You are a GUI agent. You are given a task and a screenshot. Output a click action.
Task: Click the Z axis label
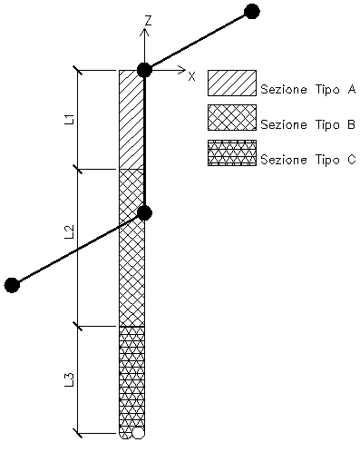click(148, 21)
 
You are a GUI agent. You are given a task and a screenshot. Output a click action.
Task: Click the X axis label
click(191, 76)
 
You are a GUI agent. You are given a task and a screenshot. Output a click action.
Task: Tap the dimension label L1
click(69, 120)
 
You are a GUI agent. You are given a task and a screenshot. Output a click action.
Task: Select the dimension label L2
click(69, 232)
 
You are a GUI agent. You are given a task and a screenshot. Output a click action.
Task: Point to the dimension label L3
click(69, 380)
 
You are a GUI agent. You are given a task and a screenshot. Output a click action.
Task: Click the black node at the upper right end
click(251, 12)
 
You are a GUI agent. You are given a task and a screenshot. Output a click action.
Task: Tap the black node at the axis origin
click(144, 70)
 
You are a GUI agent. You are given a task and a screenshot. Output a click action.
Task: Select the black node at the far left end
click(12, 285)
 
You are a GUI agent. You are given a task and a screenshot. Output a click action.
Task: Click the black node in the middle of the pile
click(144, 213)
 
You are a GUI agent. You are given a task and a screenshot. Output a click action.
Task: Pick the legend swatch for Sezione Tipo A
click(232, 84)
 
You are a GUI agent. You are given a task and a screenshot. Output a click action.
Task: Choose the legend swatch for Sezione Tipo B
click(232, 118)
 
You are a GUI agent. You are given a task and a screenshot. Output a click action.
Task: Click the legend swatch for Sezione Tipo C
click(232, 152)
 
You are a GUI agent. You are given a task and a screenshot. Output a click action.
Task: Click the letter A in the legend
click(351, 90)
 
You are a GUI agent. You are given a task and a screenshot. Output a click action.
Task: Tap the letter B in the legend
click(351, 124)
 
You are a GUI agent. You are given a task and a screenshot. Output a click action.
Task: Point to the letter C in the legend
click(351, 160)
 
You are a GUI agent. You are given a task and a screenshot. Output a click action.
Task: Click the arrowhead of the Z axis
click(145, 32)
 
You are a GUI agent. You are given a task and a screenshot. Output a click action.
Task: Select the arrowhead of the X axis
click(181, 70)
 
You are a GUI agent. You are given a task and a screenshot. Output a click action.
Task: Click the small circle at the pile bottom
click(138, 433)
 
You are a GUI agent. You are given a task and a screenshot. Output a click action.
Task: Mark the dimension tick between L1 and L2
click(78, 169)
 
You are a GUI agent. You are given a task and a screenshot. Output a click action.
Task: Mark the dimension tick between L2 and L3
click(78, 327)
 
